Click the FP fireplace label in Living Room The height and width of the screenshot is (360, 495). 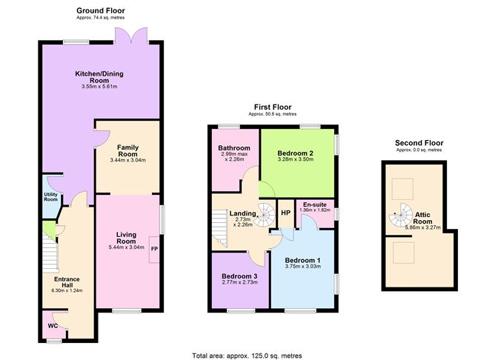click(x=154, y=249)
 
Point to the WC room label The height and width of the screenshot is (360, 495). click(x=52, y=324)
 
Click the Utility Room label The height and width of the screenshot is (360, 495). click(x=50, y=196)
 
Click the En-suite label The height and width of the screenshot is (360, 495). click(x=315, y=204)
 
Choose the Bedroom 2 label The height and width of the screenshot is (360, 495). click(x=296, y=153)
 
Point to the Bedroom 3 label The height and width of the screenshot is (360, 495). click(x=240, y=276)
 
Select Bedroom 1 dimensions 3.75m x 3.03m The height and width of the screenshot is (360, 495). click(x=303, y=267)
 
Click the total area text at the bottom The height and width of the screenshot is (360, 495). click(x=247, y=355)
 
